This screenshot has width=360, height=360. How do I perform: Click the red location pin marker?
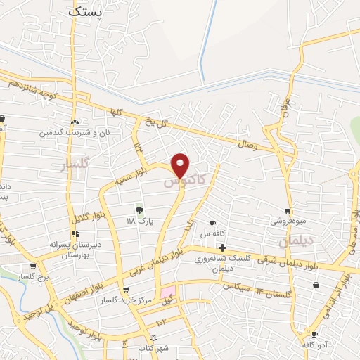coord(181,165)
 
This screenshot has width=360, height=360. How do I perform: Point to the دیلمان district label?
coord(294,240)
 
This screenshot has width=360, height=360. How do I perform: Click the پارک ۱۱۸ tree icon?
coord(139,209)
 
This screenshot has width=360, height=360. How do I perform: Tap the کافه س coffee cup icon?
coord(212,224)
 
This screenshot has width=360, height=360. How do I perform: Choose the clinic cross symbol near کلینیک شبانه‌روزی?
coord(222,247)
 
